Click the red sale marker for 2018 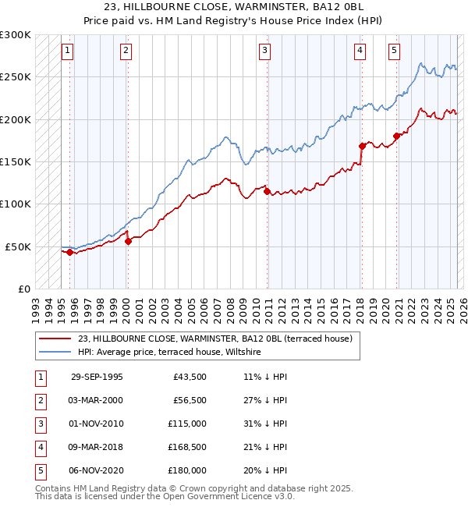click(362, 146)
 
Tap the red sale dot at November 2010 click(267, 191)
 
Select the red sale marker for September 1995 click(70, 252)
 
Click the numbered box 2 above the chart click(126, 51)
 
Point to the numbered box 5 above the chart click(395, 51)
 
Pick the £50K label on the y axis click(18, 246)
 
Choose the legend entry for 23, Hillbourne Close click(215, 339)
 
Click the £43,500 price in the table click(190, 377)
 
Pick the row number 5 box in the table click(38, 470)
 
